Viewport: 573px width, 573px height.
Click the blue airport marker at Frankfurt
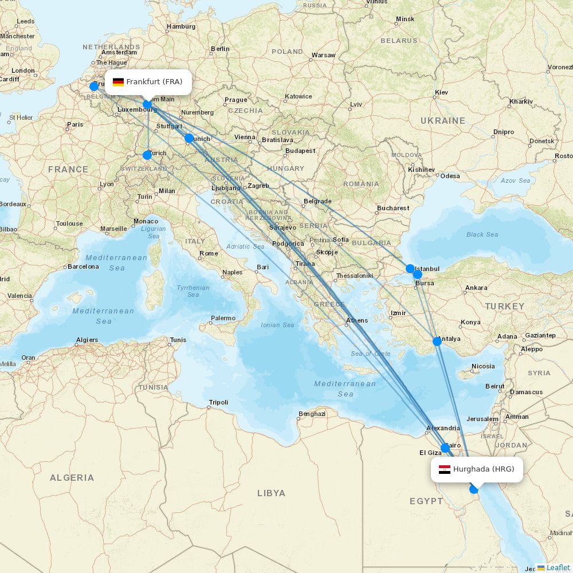point(147,105)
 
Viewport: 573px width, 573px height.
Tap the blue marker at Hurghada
point(474,489)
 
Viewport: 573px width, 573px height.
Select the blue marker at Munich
point(189,138)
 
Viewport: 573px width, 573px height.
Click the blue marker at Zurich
point(147,155)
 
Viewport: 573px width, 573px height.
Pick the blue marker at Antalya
point(437,342)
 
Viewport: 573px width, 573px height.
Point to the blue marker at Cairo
point(445,448)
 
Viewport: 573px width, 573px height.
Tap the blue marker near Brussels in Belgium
point(94,87)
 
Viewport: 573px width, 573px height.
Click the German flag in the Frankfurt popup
point(118,82)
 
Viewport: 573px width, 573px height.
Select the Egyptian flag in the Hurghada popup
point(445,469)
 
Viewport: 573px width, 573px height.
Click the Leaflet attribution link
point(558,567)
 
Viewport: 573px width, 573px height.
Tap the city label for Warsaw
point(323,56)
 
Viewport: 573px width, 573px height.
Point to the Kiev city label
point(441,92)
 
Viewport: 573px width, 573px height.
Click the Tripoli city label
point(218,402)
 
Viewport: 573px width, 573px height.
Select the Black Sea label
point(482,234)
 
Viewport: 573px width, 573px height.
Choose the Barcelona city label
point(83,266)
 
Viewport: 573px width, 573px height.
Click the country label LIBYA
point(271,493)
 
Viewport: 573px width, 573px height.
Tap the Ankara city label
point(476,288)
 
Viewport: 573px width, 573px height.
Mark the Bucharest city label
point(393,208)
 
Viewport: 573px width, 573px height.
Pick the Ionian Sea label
point(278,325)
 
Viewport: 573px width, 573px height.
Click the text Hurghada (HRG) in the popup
point(484,469)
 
